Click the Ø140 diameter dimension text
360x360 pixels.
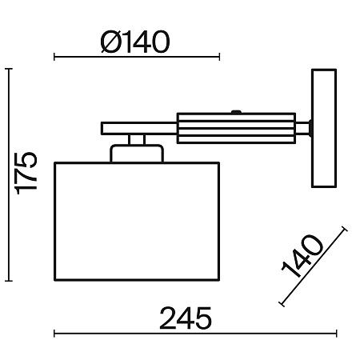pyautogui.click(x=135, y=42)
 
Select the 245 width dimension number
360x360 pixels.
pyautogui.click(x=186, y=318)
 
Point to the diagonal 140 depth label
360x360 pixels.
pyautogui.click(x=302, y=257)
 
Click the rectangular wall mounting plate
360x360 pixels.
pyautogui.click(x=324, y=128)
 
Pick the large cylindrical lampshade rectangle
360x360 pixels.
pyautogui.click(x=137, y=222)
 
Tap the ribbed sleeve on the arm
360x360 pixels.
pyautogui.click(x=236, y=128)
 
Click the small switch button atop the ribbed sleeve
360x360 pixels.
pyautogui.click(x=236, y=112)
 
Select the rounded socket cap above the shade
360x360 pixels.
pyautogui.click(x=137, y=154)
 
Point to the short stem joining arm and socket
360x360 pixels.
pyautogui.click(x=137, y=139)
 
